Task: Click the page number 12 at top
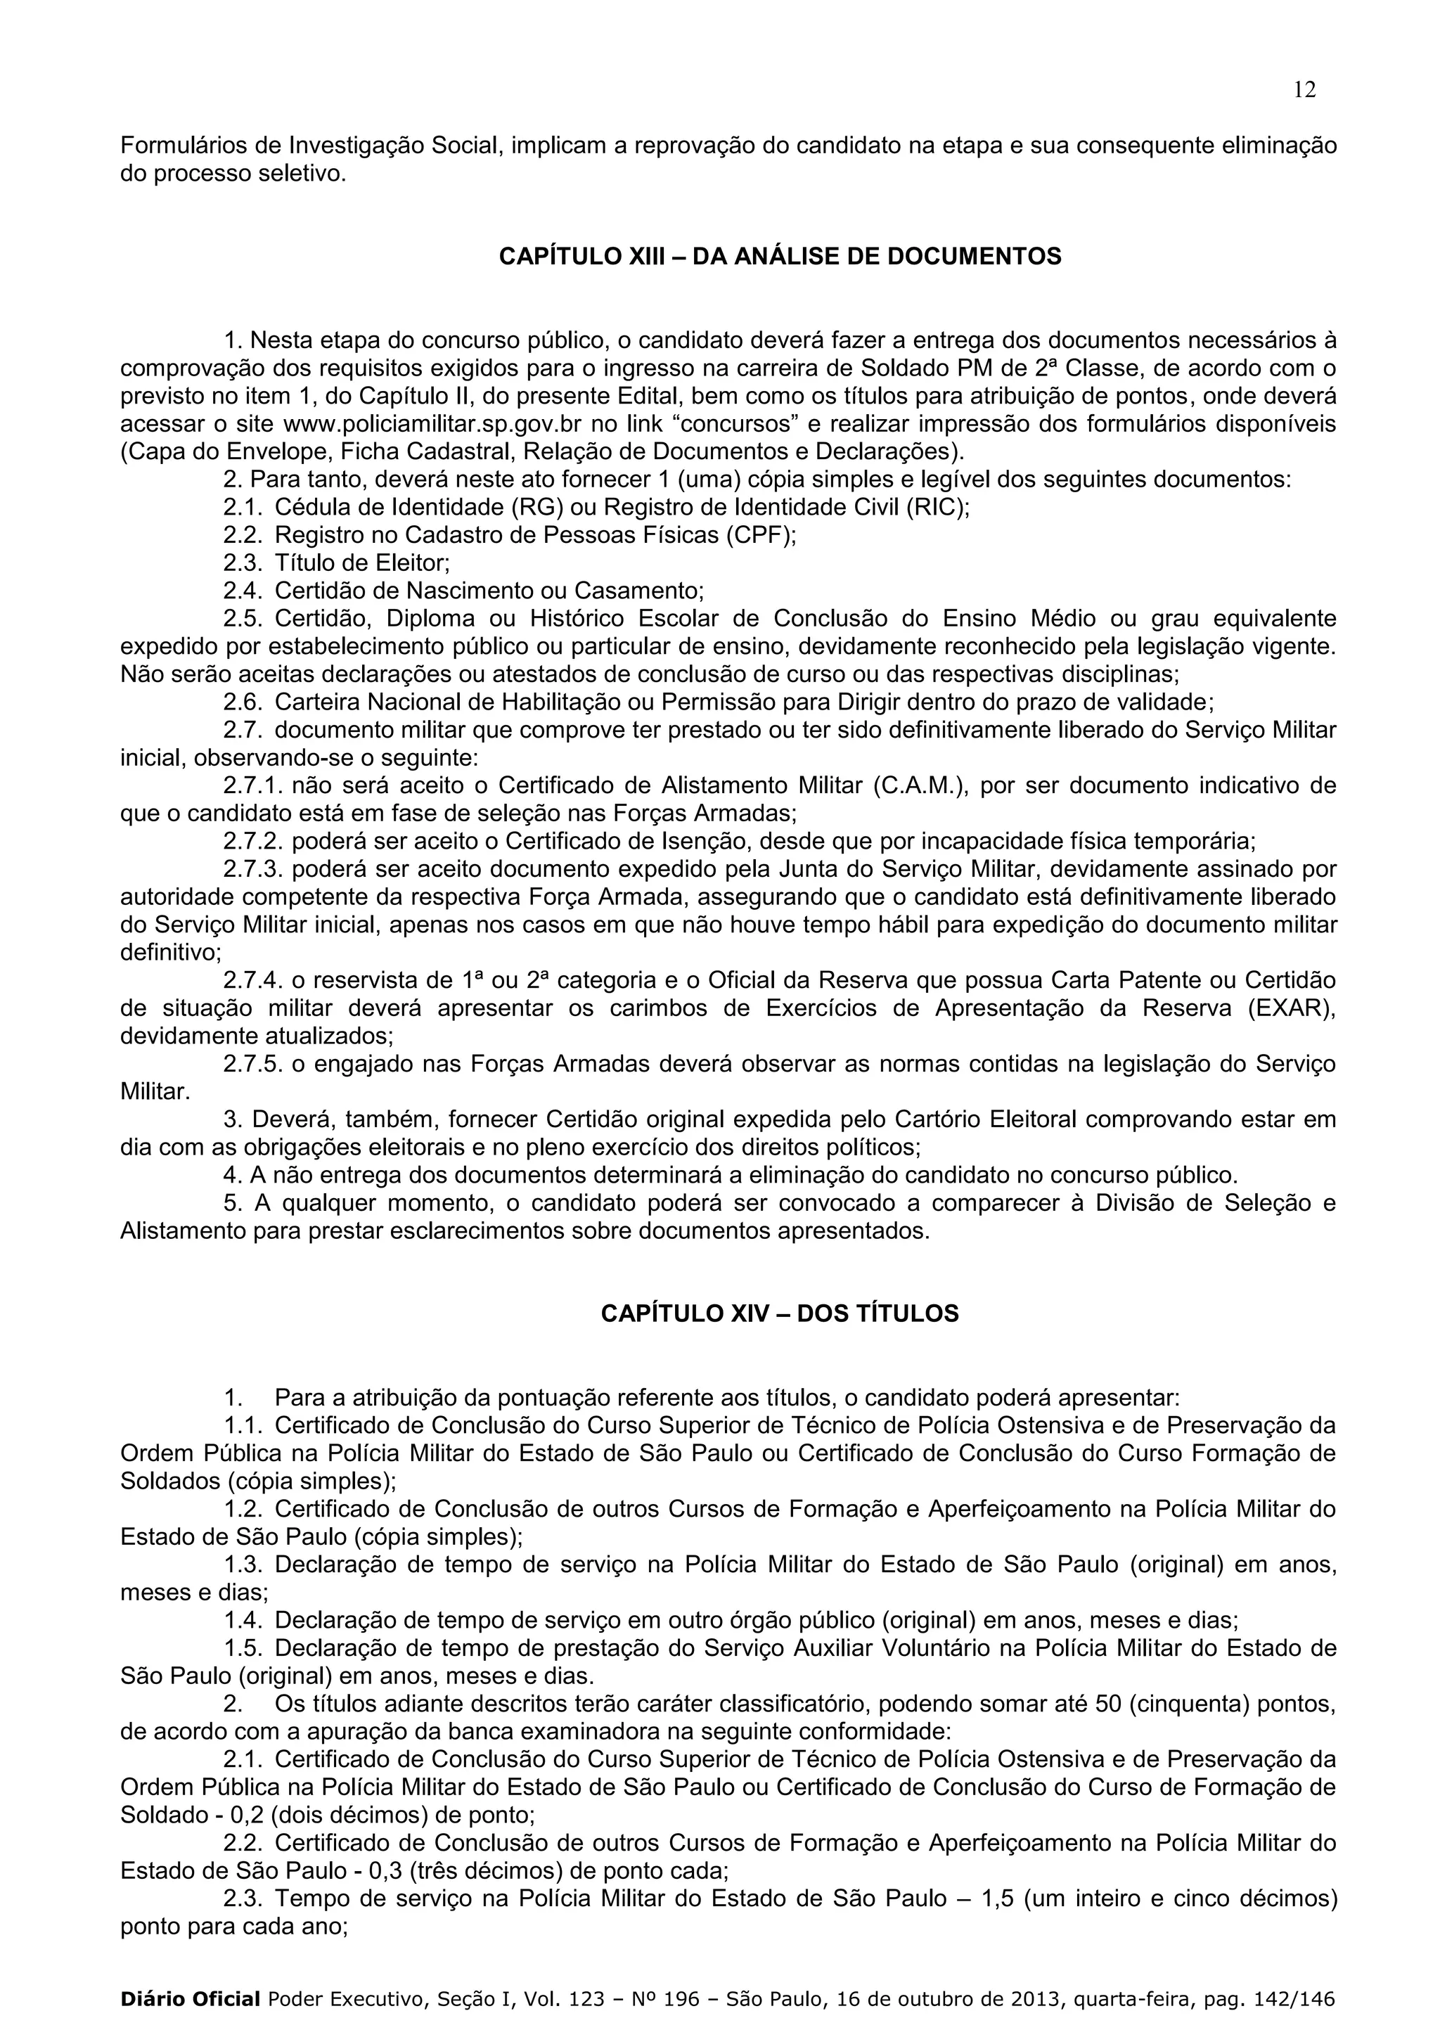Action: pyautogui.click(x=1304, y=89)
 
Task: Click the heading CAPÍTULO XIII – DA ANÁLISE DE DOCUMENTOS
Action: pyautogui.click(x=780, y=257)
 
